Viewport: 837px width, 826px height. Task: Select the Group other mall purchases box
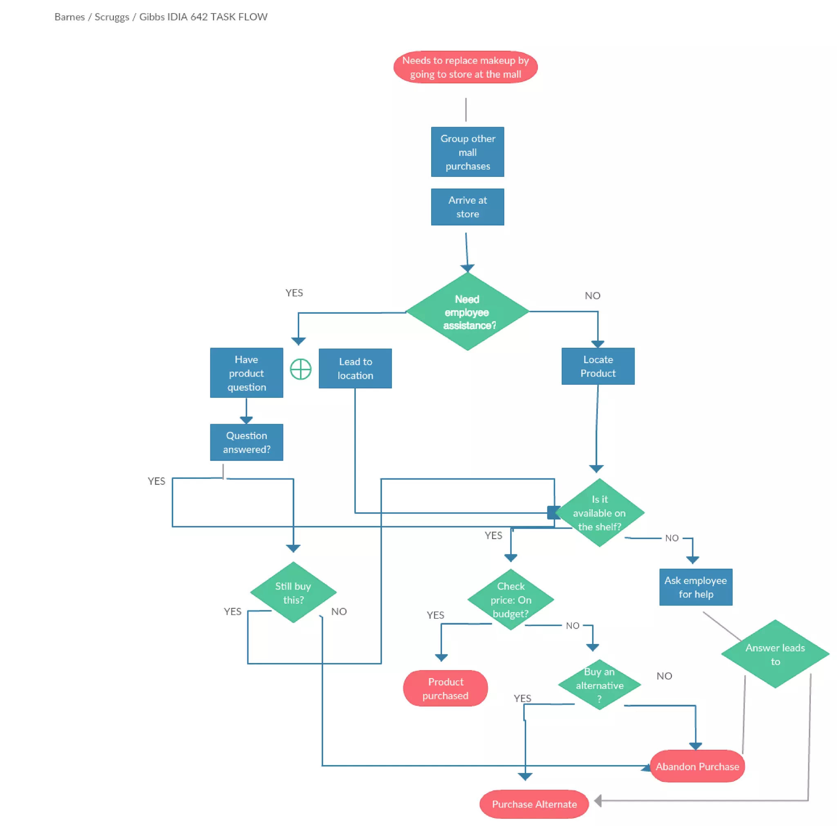coord(468,152)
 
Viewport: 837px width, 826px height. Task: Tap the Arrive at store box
coord(468,207)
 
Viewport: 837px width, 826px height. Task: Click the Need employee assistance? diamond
coord(468,312)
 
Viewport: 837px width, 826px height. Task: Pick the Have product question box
coord(246,373)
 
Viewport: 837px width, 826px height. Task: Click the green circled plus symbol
coord(301,369)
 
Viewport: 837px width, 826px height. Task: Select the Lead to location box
coord(355,368)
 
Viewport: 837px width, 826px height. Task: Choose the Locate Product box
coord(598,366)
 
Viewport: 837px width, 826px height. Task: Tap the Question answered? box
coord(246,442)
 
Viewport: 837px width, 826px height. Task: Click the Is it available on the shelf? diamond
coord(600,513)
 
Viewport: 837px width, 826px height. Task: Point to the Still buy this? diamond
coord(293,592)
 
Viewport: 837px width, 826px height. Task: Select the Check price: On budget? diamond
coord(511,600)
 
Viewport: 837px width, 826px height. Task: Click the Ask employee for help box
coord(696,587)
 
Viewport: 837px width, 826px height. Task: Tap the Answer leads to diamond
coord(775,654)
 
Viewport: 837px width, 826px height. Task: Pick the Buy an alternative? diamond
coord(600,685)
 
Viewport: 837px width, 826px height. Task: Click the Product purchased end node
coord(445,688)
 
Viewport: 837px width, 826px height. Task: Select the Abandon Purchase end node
coord(697,766)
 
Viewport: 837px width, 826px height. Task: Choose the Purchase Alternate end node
coord(534,804)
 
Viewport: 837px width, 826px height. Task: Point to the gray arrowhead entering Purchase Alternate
coord(598,801)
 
